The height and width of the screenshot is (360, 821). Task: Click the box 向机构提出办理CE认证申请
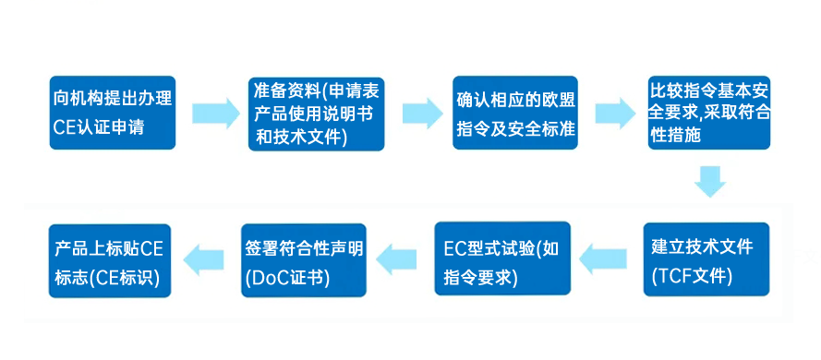click(110, 114)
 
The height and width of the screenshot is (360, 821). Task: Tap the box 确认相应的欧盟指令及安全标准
click(515, 114)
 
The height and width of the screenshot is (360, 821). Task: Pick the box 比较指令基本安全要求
click(709, 114)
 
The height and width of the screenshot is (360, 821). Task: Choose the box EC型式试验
click(502, 260)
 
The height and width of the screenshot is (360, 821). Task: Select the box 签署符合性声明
click(306, 260)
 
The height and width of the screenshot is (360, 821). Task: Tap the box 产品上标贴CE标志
click(110, 260)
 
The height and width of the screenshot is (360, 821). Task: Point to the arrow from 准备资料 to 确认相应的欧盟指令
click(420, 114)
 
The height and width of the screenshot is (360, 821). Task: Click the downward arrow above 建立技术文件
click(709, 182)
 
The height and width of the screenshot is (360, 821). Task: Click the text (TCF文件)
click(692, 274)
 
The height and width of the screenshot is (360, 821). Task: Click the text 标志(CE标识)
click(107, 276)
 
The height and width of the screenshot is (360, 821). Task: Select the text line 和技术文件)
click(301, 138)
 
